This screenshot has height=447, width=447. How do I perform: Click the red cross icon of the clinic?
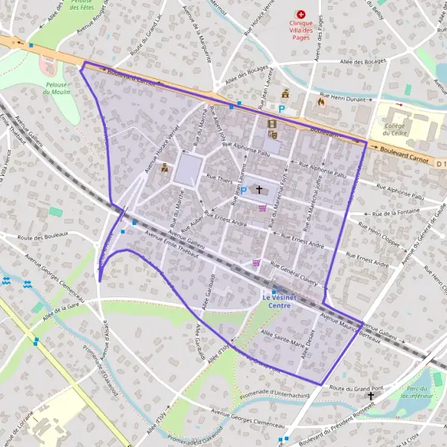[301, 14]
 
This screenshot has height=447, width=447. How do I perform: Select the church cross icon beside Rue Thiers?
[259, 190]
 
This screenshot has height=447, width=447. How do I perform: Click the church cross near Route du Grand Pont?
[370, 397]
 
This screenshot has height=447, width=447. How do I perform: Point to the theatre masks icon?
[273, 135]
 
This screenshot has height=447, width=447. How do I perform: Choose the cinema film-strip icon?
[272, 124]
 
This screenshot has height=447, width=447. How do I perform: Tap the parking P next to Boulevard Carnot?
[282, 108]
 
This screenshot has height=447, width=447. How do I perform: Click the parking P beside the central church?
[243, 191]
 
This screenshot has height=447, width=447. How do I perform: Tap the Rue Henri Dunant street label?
[343, 97]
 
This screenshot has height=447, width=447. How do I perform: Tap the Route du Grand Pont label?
[356, 388]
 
